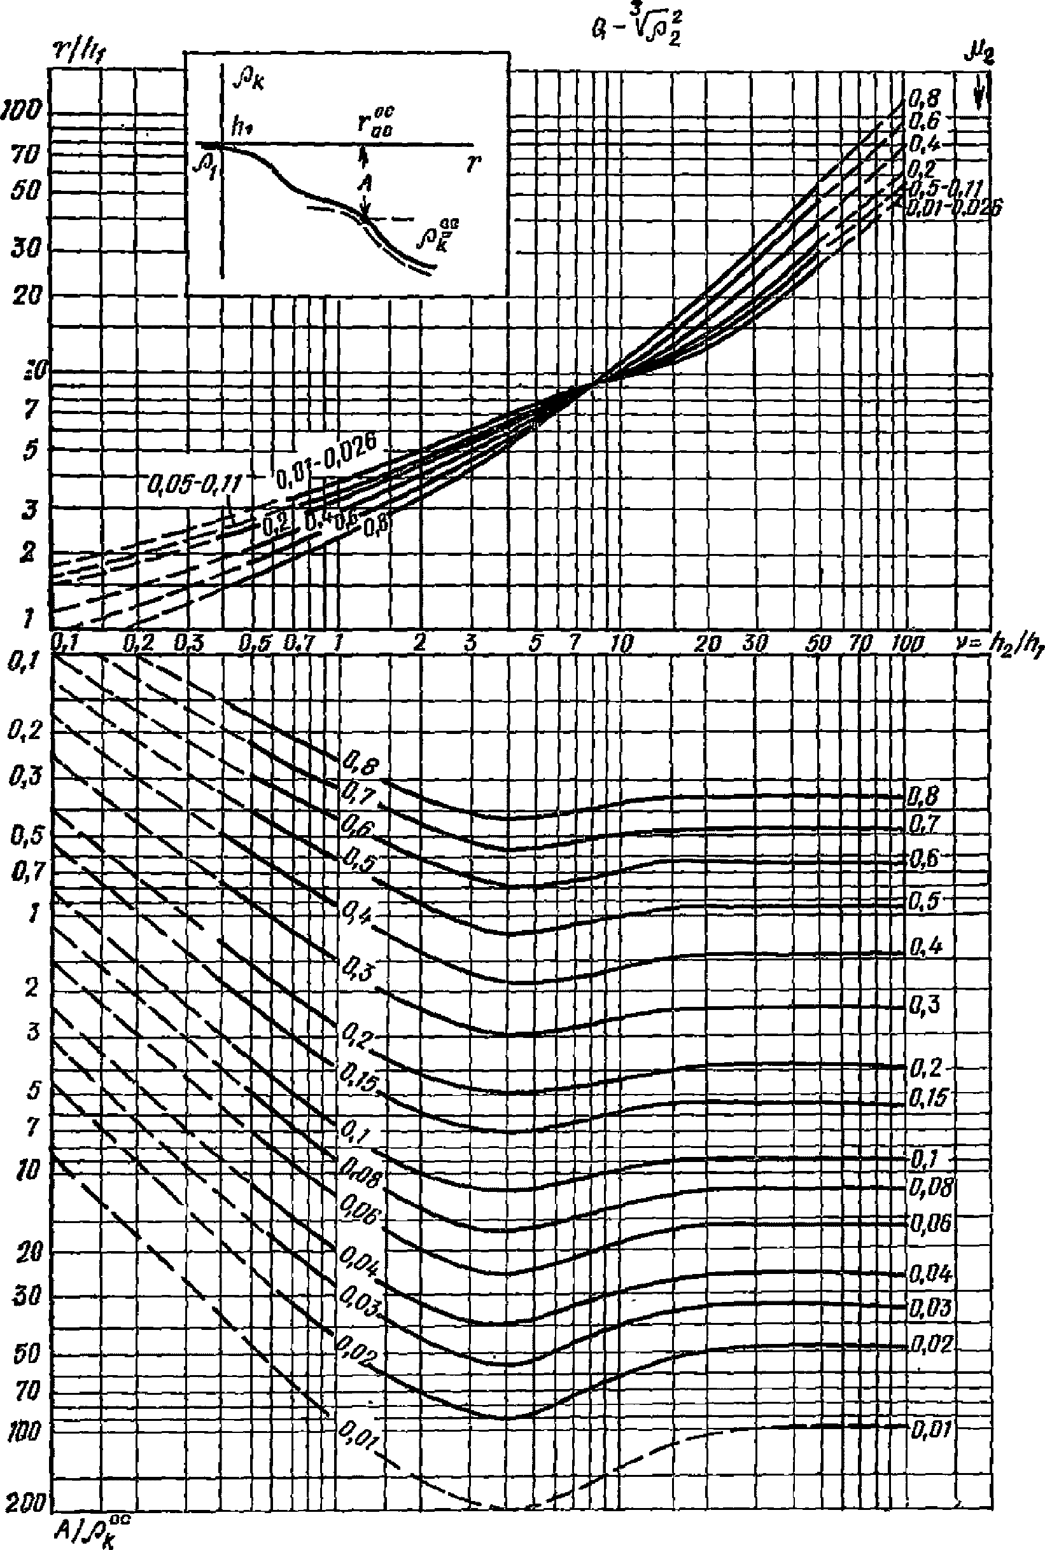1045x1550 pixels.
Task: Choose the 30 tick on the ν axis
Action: coord(754,643)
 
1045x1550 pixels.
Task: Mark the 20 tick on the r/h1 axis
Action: coord(26,295)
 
